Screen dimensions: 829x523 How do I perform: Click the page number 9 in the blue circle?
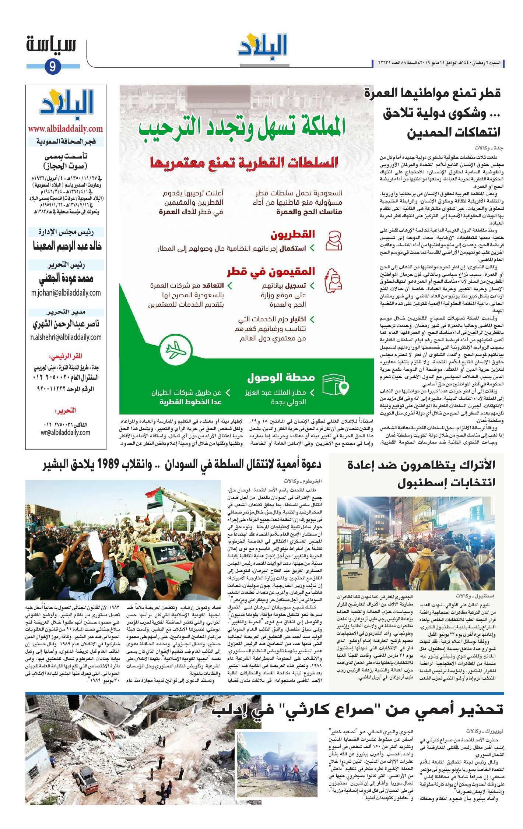tap(53, 67)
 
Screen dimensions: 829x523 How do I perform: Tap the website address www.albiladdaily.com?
tap(66, 129)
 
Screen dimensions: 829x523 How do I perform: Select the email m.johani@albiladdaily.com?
tap(66, 293)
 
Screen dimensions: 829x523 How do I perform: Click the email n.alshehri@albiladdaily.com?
tap(66, 337)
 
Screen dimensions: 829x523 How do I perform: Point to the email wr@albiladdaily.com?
tap(66, 433)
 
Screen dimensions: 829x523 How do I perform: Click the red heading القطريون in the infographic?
tap(293, 234)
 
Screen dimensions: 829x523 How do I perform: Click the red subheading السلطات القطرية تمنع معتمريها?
tap(244, 162)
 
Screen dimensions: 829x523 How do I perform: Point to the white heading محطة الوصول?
tap(281, 377)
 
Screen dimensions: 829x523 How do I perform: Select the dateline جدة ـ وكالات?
tap(489, 148)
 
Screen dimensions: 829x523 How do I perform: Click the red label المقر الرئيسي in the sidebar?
tap(66, 356)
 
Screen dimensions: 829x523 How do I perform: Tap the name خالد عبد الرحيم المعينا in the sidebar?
tap(67, 246)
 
